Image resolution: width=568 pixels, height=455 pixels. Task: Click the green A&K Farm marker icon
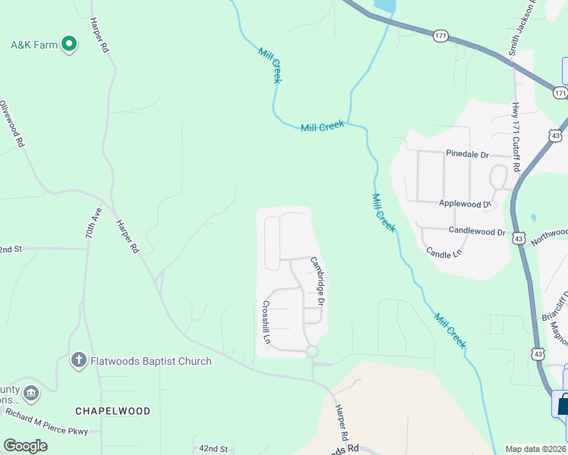70,45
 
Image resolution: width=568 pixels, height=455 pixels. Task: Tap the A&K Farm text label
34,45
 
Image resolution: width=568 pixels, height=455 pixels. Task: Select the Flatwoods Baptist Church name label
152,361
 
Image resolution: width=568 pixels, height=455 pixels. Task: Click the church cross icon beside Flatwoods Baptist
78,360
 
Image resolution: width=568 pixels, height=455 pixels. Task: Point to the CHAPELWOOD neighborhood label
112,411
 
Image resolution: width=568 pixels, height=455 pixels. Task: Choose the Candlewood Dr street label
477,231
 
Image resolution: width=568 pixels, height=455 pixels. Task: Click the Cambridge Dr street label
318,281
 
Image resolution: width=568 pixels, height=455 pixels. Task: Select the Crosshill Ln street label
267,324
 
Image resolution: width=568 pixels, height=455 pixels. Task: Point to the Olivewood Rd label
12,124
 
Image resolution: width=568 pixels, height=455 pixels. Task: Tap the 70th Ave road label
93,224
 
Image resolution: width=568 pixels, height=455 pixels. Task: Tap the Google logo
25,446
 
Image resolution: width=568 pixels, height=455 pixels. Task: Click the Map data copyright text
536,448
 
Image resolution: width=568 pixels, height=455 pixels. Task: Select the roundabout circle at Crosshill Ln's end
312,352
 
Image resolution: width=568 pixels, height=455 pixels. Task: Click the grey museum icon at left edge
31,393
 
